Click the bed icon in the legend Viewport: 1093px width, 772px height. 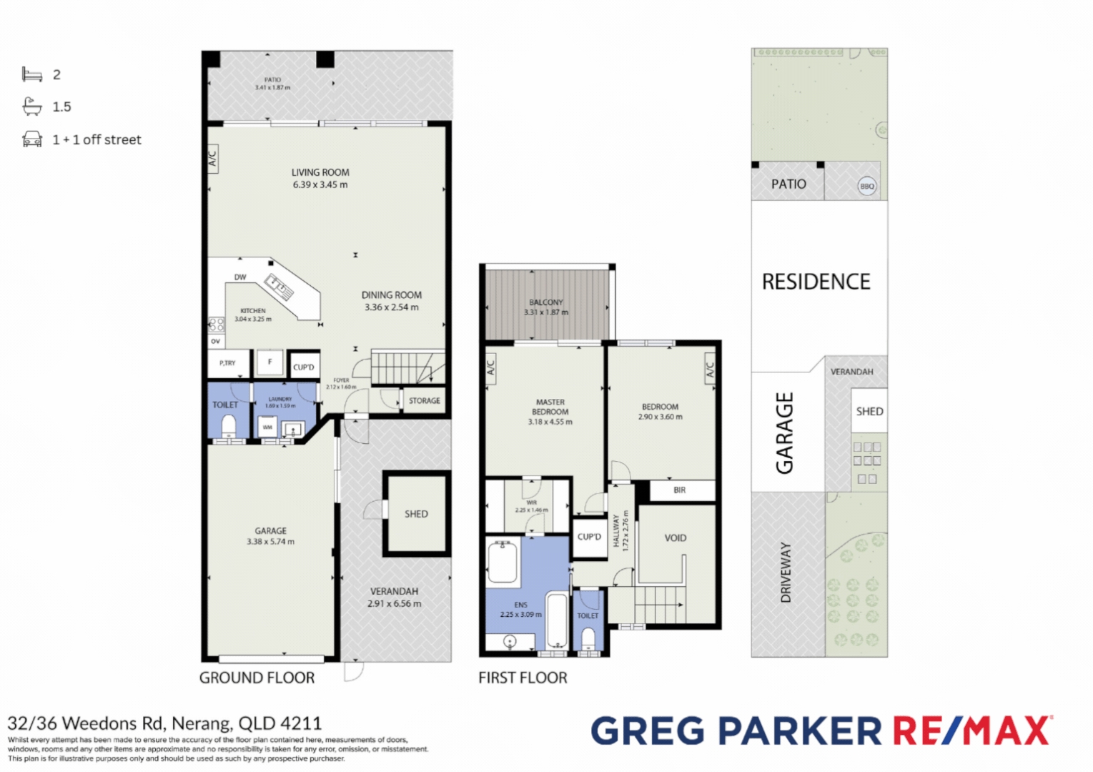(x=32, y=74)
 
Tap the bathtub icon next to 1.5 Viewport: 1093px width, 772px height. (x=32, y=107)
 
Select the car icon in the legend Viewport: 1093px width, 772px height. (x=32, y=139)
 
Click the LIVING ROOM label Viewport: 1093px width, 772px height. (x=320, y=172)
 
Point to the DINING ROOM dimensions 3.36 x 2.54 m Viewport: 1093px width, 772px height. (x=392, y=307)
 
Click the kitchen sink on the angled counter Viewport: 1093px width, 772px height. (x=280, y=285)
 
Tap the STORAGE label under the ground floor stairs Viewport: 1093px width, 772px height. (x=424, y=401)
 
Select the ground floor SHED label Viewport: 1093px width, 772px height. (x=416, y=514)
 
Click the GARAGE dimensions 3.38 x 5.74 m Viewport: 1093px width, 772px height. (x=270, y=542)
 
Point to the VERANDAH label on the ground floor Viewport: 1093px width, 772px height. (x=394, y=591)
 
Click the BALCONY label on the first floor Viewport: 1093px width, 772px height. (x=546, y=302)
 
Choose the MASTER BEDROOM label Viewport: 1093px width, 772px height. (x=550, y=407)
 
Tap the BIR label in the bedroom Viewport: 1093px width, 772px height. (x=679, y=490)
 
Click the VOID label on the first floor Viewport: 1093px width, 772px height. (x=675, y=538)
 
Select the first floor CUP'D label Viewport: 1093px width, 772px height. (x=589, y=537)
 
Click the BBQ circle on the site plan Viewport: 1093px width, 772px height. (x=866, y=187)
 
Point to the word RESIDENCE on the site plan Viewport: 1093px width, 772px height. (x=816, y=282)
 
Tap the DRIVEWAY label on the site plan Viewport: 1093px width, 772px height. (x=786, y=572)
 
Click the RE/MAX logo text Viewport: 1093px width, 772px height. (x=971, y=731)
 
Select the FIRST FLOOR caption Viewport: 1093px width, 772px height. (x=523, y=678)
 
